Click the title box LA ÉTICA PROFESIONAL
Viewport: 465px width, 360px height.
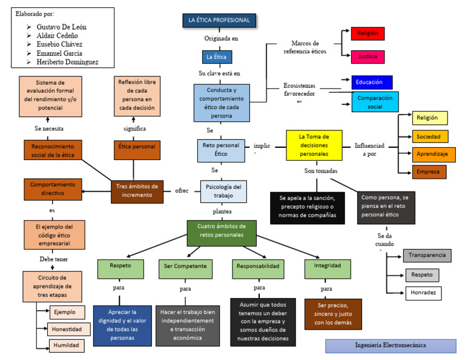click(219, 21)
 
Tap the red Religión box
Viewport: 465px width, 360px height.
click(368, 34)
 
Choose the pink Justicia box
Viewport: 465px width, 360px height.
click(368, 57)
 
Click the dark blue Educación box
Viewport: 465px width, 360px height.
click(372, 82)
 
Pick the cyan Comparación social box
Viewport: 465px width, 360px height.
click(375, 102)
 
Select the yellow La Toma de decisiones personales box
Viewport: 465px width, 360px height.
click(314, 145)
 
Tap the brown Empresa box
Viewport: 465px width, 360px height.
click(429, 172)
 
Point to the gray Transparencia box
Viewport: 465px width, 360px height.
click(427, 255)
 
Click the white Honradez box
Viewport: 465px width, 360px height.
click(423, 293)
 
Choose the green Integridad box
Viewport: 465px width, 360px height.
click(328, 265)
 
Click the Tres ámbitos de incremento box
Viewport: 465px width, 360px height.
click(137, 190)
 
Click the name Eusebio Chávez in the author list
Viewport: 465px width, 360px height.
click(59, 44)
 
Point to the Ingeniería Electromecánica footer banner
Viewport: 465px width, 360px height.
click(390, 345)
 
